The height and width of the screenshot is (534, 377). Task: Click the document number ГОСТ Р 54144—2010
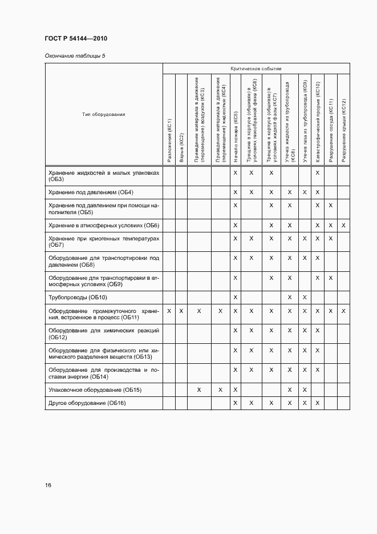coord(75,38)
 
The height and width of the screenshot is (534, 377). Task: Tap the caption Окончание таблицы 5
coord(75,55)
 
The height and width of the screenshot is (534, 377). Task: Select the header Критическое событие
coord(256,69)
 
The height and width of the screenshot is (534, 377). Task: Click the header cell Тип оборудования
coord(104,115)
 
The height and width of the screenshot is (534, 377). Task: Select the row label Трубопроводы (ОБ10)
coord(78,298)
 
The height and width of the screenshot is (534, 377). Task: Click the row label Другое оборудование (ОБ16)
coord(87,403)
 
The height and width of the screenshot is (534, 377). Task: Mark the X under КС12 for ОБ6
coord(343,226)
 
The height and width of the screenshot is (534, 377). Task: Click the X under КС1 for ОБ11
coord(169,311)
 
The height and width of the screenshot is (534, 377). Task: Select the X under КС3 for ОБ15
coord(199,390)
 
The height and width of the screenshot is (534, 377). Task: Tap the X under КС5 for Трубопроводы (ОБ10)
coord(235,298)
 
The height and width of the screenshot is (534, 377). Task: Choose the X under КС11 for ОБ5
coord(331,205)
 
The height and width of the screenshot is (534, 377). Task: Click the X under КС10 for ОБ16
coord(318,403)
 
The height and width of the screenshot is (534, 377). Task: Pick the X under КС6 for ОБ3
coord(252,172)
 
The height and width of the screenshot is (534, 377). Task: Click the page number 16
coord(48,485)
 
